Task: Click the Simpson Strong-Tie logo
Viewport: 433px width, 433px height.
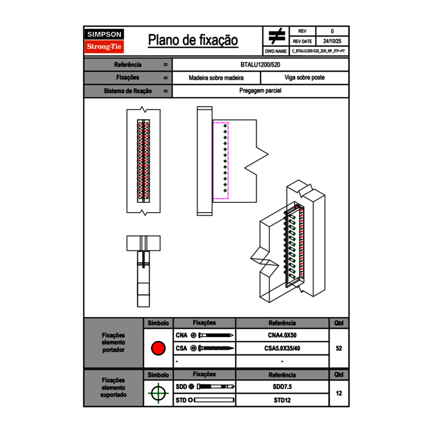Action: click(x=104, y=41)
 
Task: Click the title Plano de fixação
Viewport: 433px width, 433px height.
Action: click(x=193, y=40)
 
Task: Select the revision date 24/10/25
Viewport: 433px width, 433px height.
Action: click(x=332, y=41)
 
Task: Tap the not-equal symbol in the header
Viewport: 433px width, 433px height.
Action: click(x=277, y=36)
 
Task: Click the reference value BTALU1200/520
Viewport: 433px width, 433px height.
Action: click(x=260, y=64)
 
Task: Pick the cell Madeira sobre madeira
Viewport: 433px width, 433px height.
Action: click(x=216, y=78)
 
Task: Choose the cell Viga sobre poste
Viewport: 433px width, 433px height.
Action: click(x=304, y=78)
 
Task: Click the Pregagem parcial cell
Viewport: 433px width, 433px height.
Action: click(x=260, y=91)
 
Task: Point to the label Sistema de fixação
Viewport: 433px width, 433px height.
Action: click(x=127, y=91)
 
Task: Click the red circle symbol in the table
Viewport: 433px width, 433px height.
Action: click(x=158, y=348)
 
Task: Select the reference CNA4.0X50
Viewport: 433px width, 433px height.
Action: click(x=282, y=335)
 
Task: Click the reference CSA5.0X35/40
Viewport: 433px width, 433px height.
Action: click(x=282, y=348)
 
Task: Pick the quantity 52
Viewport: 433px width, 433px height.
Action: click(x=339, y=348)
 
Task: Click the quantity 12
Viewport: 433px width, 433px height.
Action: click(x=339, y=393)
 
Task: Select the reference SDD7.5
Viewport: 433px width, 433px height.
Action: click(x=282, y=387)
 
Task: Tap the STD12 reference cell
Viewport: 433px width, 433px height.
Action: click(x=282, y=400)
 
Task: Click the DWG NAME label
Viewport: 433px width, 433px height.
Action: click(x=276, y=51)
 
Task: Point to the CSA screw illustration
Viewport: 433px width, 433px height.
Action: click(x=213, y=348)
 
